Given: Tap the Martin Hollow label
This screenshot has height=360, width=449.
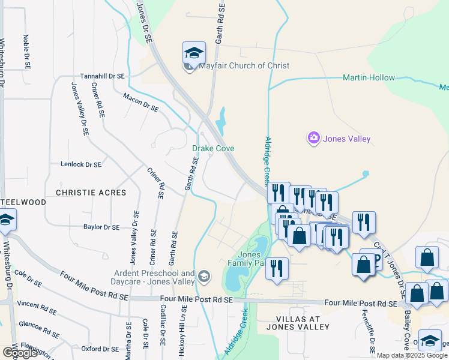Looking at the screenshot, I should (369, 77).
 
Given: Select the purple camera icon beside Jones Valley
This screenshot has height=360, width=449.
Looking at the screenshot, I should (314, 139).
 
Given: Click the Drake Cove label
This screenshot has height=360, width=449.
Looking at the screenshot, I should (213, 148).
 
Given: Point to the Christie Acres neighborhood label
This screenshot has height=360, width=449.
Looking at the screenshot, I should (91, 193).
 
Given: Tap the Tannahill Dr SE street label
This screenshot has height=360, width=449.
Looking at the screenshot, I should (103, 77).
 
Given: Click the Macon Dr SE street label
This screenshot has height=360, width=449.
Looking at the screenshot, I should (140, 102).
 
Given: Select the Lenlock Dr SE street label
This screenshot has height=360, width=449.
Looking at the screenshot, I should (81, 164).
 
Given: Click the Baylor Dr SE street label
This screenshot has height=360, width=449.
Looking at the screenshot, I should (101, 227).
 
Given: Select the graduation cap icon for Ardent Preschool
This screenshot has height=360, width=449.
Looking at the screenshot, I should (205, 277).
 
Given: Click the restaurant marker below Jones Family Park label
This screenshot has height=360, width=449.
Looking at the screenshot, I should (276, 268).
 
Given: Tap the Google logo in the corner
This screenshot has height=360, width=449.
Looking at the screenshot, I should (19, 353).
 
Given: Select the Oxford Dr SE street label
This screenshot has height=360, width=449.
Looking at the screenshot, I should (99, 349).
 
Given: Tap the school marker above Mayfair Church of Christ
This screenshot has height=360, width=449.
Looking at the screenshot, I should (194, 53).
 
